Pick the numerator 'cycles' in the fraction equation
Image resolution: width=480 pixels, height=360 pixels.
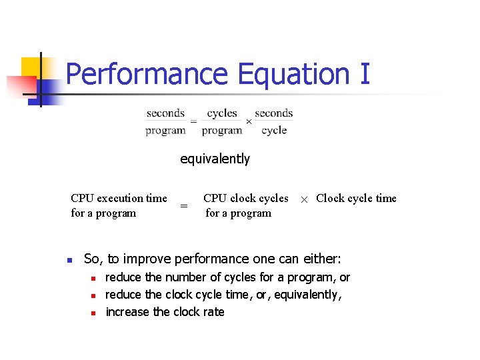222,113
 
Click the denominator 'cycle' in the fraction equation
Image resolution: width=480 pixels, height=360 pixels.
274,130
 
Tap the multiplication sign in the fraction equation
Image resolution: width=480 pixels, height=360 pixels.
249,122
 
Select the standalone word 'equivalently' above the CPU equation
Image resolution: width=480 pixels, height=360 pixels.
215,159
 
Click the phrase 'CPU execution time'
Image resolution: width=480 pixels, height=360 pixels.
119,198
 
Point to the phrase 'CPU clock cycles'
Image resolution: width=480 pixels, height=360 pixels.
245,198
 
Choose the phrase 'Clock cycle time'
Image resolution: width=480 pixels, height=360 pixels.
356,198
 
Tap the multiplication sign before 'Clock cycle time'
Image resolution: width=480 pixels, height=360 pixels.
304,199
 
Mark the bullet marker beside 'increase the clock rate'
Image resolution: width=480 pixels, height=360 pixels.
94,313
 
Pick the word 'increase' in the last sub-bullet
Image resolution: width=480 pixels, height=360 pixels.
127,312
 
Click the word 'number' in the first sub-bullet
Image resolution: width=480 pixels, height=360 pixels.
184,277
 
